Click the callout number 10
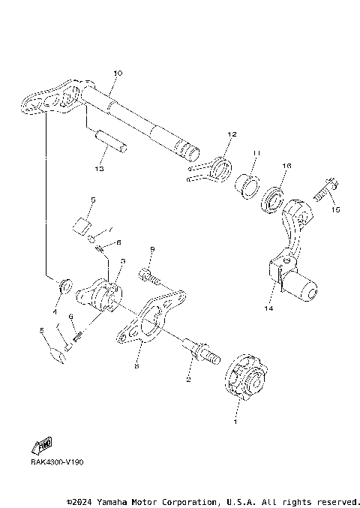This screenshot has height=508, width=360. click(117, 73)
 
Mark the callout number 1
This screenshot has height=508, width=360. click(237, 422)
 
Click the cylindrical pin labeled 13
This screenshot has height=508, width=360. click(112, 141)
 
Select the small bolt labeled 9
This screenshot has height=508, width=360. click(154, 278)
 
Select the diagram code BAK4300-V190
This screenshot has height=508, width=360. click(57, 463)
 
